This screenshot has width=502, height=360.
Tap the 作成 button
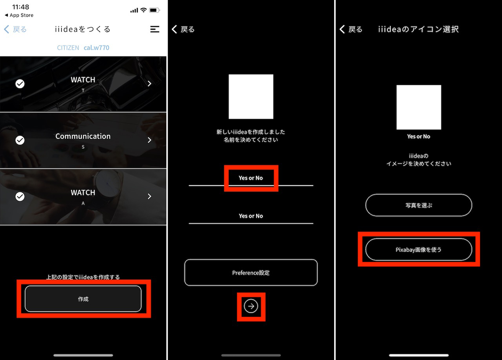(83, 299)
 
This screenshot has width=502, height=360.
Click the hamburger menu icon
(155, 29)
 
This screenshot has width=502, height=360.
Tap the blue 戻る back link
(15, 29)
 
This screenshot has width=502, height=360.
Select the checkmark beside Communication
(20, 140)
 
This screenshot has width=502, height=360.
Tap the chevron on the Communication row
(149, 140)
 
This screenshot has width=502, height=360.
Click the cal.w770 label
(96, 48)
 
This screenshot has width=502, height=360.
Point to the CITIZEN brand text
(68, 48)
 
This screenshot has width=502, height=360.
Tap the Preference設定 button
(251, 273)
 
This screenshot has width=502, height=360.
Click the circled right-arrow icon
(251, 306)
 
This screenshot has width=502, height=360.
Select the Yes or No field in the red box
(251, 178)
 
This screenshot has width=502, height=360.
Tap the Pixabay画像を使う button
(419, 249)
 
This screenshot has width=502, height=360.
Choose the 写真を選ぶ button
(419, 205)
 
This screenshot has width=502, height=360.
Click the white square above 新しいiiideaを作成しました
(251, 97)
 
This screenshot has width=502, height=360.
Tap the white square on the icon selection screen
(419, 107)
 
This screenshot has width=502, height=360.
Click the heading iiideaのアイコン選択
(418, 29)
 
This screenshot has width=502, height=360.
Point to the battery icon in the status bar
(154, 10)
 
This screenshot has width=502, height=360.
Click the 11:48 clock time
(20, 7)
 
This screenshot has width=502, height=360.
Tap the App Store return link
(19, 15)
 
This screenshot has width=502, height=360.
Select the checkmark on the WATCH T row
(20, 84)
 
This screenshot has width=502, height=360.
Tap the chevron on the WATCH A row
(149, 196)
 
